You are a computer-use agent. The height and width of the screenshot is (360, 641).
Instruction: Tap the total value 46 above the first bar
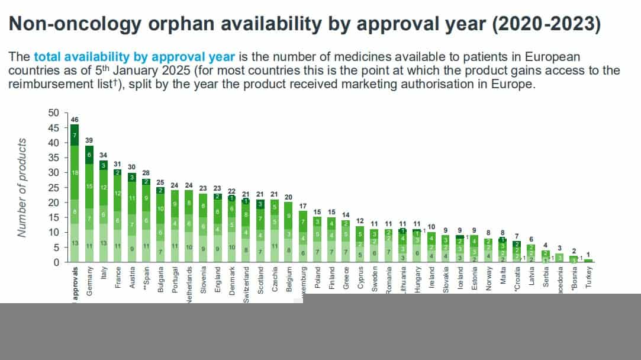pos(75,120)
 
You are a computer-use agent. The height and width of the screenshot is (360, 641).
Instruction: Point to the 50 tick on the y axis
pos(54,112)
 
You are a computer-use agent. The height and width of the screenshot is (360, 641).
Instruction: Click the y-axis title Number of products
pos(22,187)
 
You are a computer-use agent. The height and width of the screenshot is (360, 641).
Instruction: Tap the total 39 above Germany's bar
pos(89,140)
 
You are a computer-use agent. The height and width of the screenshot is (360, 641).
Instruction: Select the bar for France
pos(118,216)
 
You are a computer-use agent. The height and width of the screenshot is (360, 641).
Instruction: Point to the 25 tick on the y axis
pos(54,187)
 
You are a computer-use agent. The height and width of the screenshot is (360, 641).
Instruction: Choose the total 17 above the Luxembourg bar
pos(304,205)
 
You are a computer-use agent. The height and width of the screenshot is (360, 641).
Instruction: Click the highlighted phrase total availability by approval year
pos(134,57)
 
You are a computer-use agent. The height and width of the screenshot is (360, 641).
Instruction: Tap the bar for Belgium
pos(289,232)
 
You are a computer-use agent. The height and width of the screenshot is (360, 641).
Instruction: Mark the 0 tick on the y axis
pos(56,262)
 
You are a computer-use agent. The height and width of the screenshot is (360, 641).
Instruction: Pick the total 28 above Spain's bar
pos(146,173)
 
